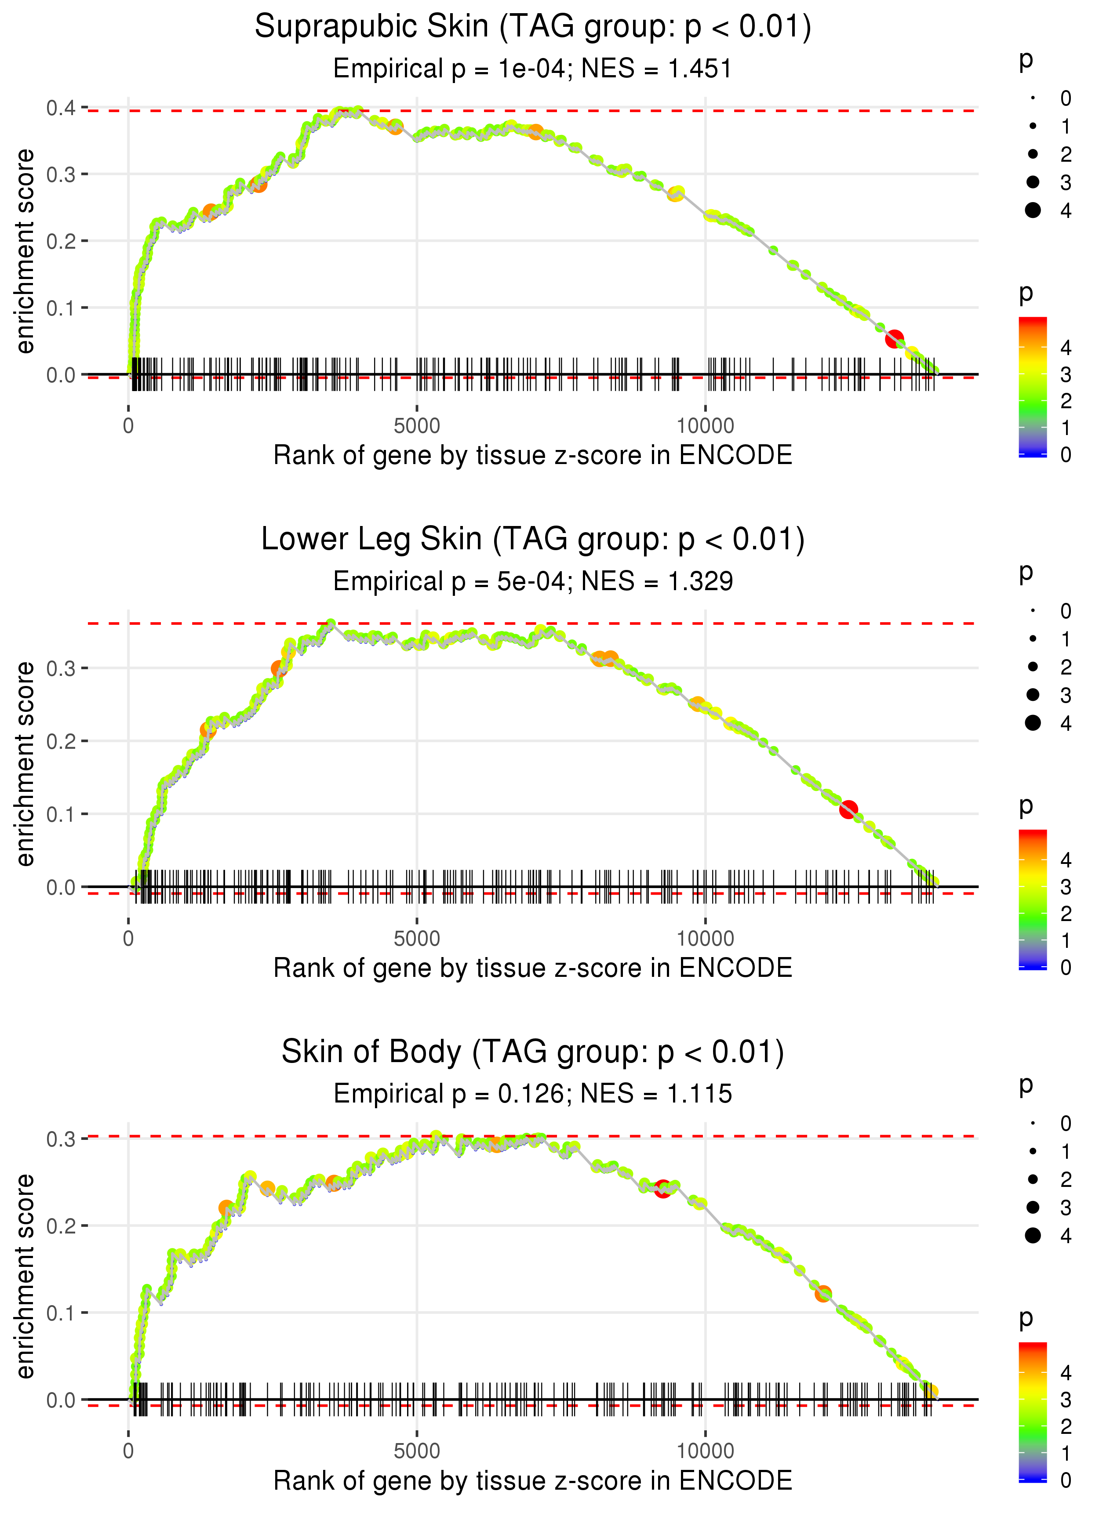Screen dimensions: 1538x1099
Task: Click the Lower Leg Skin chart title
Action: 533,540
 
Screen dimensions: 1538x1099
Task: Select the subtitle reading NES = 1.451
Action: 533,69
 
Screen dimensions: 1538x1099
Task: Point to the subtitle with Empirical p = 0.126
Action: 533,1094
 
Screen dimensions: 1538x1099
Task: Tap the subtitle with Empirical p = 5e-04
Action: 533,582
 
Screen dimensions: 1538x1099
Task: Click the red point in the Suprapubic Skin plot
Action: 895,339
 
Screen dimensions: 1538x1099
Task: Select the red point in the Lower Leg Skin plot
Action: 848,809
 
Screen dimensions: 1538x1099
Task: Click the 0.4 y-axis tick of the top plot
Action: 60,108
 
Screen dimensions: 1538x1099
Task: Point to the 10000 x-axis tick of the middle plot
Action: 705,938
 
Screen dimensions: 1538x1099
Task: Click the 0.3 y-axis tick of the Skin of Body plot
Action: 60,1139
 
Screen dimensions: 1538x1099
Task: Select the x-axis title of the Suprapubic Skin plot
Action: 533,455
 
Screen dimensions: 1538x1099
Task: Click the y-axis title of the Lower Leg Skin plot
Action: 25,764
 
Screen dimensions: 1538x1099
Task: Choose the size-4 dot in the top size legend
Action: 1033,210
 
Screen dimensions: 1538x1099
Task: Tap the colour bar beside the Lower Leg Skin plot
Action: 1033,899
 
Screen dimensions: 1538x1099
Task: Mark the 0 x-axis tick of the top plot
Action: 128,426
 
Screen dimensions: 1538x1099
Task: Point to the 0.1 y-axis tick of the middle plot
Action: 60,814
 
